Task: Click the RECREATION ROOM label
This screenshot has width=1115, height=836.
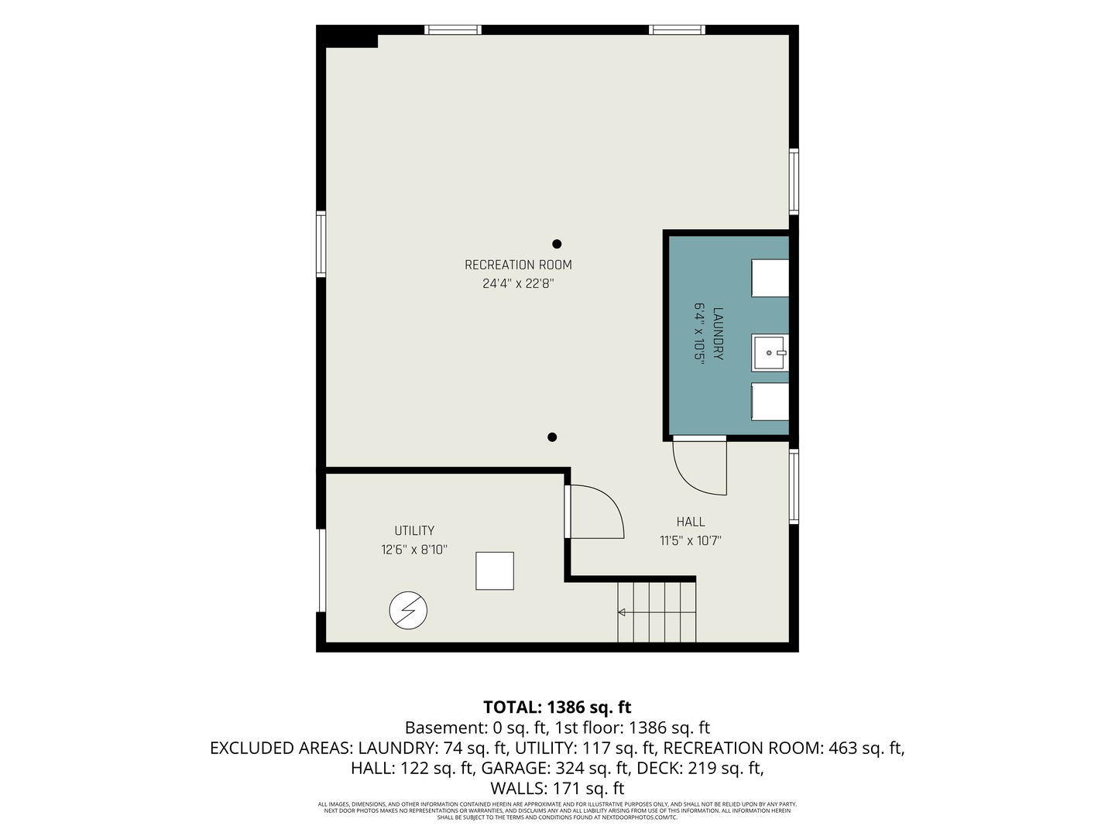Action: [518, 265]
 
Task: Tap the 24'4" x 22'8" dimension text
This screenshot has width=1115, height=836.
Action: [518, 283]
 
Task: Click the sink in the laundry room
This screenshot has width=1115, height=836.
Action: [770, 352]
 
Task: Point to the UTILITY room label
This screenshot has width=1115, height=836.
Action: [414, 530]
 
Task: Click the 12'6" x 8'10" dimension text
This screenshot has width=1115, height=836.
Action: [414, 550]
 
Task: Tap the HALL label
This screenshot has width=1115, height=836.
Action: [691, 521]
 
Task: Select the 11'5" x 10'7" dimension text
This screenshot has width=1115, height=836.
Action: [691, 540]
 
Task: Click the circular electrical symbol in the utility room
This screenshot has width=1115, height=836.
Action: [408, 610]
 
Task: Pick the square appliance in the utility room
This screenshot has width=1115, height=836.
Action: [494, 570]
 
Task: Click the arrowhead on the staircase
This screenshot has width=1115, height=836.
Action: [621, 612]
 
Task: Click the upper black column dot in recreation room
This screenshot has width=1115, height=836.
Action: [557, 244]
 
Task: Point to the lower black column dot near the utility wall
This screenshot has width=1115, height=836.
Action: [551, 437]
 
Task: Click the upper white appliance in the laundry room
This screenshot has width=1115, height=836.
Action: [770, 278]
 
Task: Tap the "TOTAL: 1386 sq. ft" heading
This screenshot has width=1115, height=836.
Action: [557, 707]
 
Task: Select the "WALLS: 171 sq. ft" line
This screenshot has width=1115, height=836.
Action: [557, 788]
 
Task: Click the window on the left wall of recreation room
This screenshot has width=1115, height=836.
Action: [321, 244]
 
